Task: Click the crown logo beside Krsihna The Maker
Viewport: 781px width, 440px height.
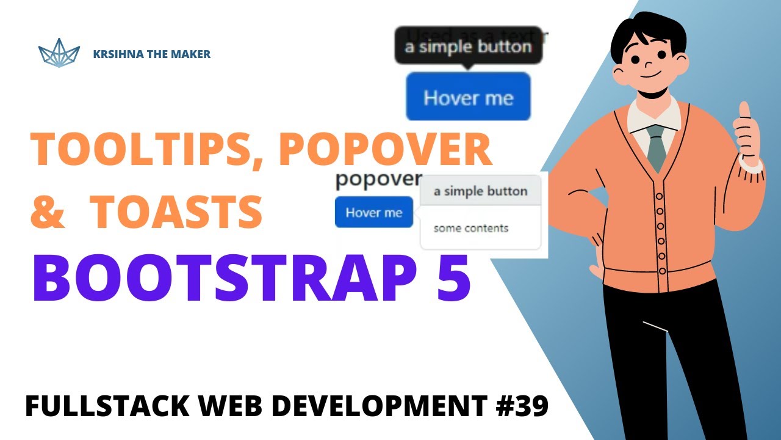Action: pos(59,53)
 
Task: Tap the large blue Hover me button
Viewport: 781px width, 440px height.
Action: pos(468,97)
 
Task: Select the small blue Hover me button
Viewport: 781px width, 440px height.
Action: pos(373,213)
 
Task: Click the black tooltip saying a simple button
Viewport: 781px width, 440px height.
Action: pos(468,46)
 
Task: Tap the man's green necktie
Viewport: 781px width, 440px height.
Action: pos(655,147)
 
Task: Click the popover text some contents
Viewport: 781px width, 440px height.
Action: pos(470,229)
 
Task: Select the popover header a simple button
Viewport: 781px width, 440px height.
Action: pos(480,191)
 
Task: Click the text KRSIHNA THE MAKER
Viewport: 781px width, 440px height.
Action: pos(151,54)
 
